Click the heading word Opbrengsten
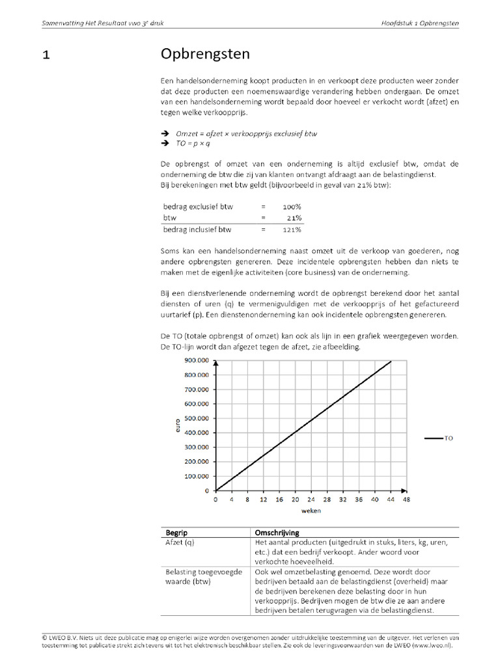205,54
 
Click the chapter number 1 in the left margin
46,55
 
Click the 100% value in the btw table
292,206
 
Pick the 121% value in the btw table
292,230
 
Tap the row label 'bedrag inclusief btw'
197,230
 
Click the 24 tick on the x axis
311,500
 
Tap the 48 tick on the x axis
406,500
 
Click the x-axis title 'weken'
311,511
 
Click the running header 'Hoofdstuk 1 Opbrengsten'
420,23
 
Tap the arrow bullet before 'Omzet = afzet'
165,133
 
